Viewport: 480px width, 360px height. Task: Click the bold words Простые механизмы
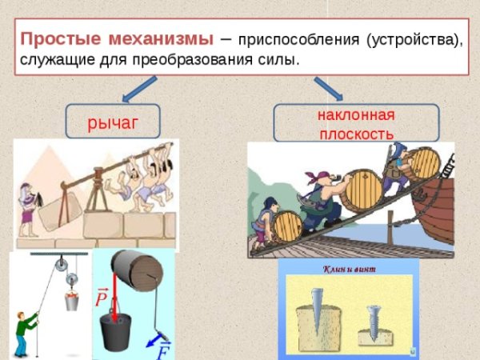[117, 39]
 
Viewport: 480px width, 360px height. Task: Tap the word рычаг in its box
[113, 122]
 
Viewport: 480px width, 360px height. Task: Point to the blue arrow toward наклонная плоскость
[327, 89]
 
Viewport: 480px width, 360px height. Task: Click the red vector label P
[101, 298]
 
